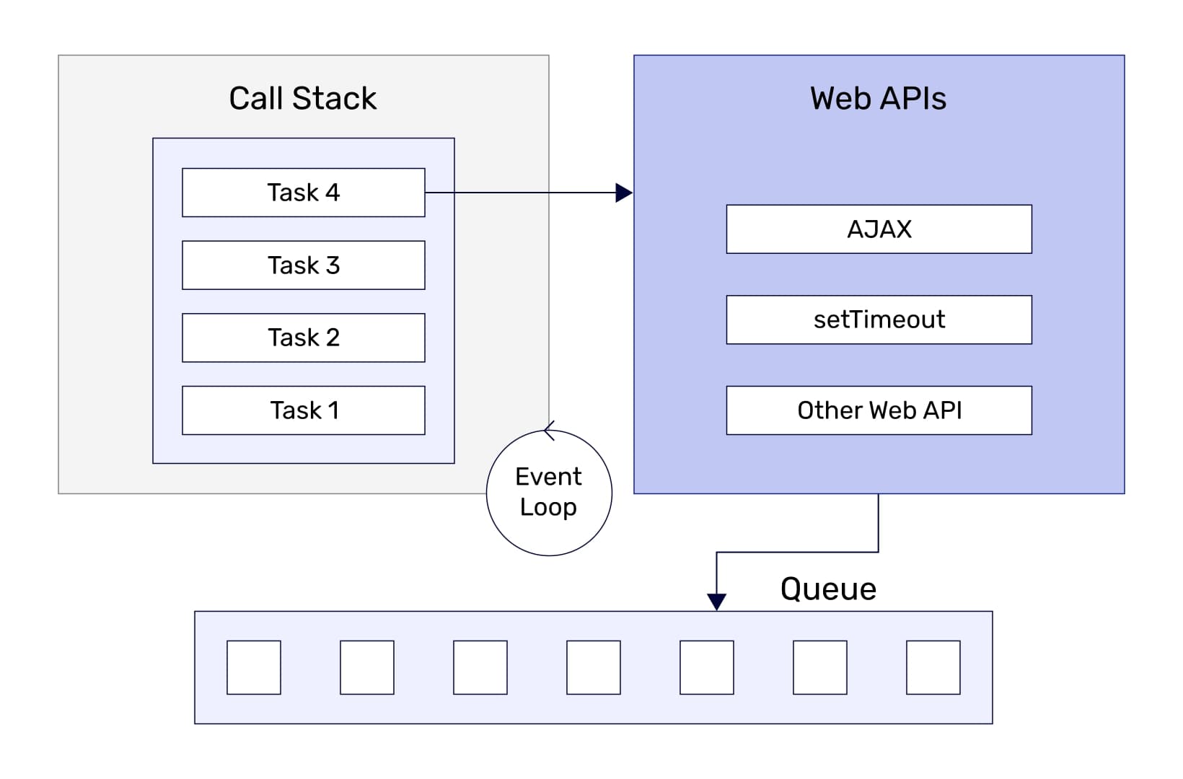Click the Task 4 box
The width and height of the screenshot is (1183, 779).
click(x=303, y=193)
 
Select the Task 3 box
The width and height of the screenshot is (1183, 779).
click(x=303, y=265)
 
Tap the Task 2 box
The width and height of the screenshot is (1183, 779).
click(x=303, y=338)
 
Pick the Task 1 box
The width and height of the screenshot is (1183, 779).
click(x=303, y=410)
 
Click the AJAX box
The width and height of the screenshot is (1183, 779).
click(x=879, y=229)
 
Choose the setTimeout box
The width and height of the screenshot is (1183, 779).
click(x=879, y=320)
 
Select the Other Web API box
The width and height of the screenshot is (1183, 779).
click(x=879, y=410)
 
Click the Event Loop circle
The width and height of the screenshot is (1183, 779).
click(x=549, y=493)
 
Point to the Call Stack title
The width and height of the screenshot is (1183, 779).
click(x=302, y=98)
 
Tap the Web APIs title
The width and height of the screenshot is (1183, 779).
click(x=878, y=98)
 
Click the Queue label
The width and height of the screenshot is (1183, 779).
click(x=828, y=589)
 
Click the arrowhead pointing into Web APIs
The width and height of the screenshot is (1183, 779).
click(x=624, y=193)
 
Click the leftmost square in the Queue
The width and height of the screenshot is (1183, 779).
click(x=253, y=667)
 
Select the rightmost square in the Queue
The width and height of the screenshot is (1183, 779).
click(x=933, y=667)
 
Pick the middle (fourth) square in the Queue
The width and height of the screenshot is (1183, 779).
click(x=593, y=667)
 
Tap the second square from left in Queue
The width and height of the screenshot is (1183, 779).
click(x=366, y=667)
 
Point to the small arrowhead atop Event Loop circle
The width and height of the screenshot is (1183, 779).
click(x=549, y=431)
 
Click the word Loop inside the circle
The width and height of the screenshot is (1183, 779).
click(x=548, y=507)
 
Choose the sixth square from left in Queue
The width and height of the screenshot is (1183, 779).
click(x=819, y=667)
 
